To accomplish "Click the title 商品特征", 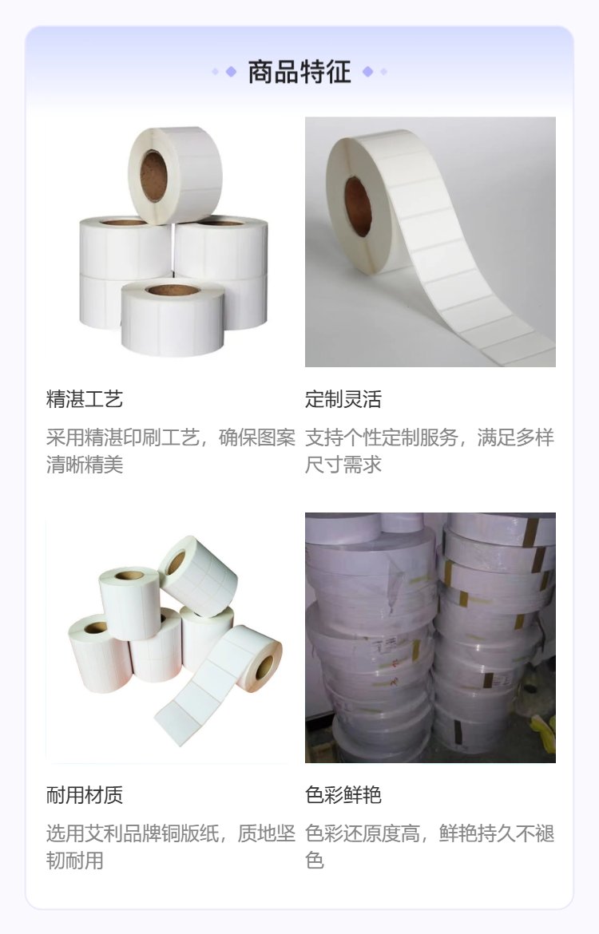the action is coord(299,72).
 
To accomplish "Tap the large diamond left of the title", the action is coord(231,72).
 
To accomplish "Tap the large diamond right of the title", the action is coord(367,72).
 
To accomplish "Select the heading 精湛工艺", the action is coord(85,399).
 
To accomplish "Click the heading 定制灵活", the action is coord(343,399).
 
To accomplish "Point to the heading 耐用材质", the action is coord(85,794).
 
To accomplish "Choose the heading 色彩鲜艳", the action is coord(343,794).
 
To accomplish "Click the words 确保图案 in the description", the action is coord(257,437).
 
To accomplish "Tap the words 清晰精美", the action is coord(85,465).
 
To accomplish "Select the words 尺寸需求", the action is coord(343,465).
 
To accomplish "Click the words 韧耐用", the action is coord(75,860).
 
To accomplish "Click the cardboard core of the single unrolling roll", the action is coord(358,206).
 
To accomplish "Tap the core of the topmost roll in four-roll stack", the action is coord(153,176).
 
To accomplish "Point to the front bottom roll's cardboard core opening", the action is coord(173,290).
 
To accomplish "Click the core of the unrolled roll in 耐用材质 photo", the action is coord(264,666).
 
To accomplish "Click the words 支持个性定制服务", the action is coord(382,437).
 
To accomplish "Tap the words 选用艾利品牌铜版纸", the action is coord(133,833).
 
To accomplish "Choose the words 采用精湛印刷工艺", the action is coord(123,437).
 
